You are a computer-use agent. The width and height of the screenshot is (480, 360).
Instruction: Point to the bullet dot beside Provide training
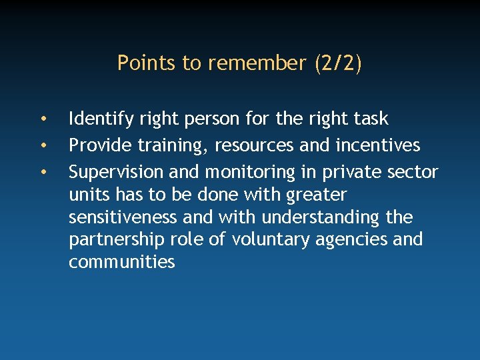coord(43,145)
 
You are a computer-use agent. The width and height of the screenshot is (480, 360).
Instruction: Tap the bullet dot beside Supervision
coord(43,173)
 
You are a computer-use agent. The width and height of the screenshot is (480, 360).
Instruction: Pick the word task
coord(371,119)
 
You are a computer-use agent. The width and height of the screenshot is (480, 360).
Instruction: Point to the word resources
coord(257,146)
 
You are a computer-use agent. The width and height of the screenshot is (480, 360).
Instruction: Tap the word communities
coord(121,262)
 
